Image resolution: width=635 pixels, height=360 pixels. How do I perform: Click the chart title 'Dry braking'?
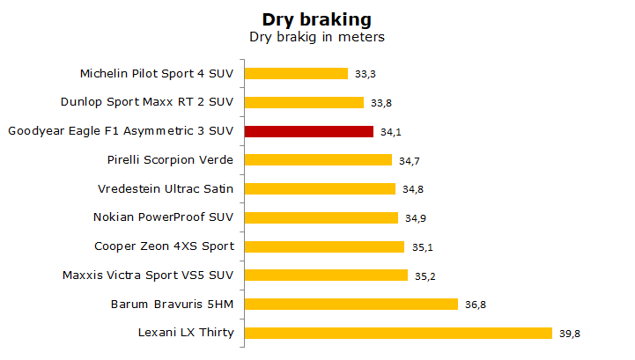point(317,19)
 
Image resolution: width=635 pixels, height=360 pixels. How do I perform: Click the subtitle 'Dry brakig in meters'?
point(317,37)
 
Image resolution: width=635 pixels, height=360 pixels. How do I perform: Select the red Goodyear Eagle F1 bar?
point(309,132)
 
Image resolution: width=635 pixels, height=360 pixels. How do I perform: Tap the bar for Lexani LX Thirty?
point(398,334)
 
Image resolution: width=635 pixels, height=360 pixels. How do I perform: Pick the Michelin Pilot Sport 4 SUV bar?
point(296,73)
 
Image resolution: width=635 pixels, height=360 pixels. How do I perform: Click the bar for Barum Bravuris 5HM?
point(351,305)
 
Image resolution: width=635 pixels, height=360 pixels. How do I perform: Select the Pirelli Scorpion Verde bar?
point(318,160)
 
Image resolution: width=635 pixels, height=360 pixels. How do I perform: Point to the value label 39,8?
point(570,334)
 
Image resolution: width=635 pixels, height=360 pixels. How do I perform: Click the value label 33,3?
point(365,74)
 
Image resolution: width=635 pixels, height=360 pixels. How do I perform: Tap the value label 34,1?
point(391,132)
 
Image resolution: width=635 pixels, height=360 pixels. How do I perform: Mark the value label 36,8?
point(476,305)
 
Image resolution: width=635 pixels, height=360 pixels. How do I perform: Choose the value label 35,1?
point(423,247)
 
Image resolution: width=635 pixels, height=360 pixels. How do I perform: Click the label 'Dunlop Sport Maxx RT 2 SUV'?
point(147,101)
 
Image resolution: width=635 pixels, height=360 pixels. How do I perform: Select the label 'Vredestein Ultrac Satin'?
point(166,188)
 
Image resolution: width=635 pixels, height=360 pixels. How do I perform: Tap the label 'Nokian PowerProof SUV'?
point(163,217)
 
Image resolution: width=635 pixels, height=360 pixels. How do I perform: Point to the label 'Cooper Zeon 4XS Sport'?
point(164,246)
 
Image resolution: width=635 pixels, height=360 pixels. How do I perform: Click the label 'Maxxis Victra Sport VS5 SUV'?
point(148,276)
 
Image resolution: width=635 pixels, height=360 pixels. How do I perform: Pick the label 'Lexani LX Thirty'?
point(186,333)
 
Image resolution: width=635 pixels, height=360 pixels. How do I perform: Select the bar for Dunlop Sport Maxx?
point(304,102)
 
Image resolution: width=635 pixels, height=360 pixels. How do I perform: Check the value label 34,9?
point(416,218)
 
